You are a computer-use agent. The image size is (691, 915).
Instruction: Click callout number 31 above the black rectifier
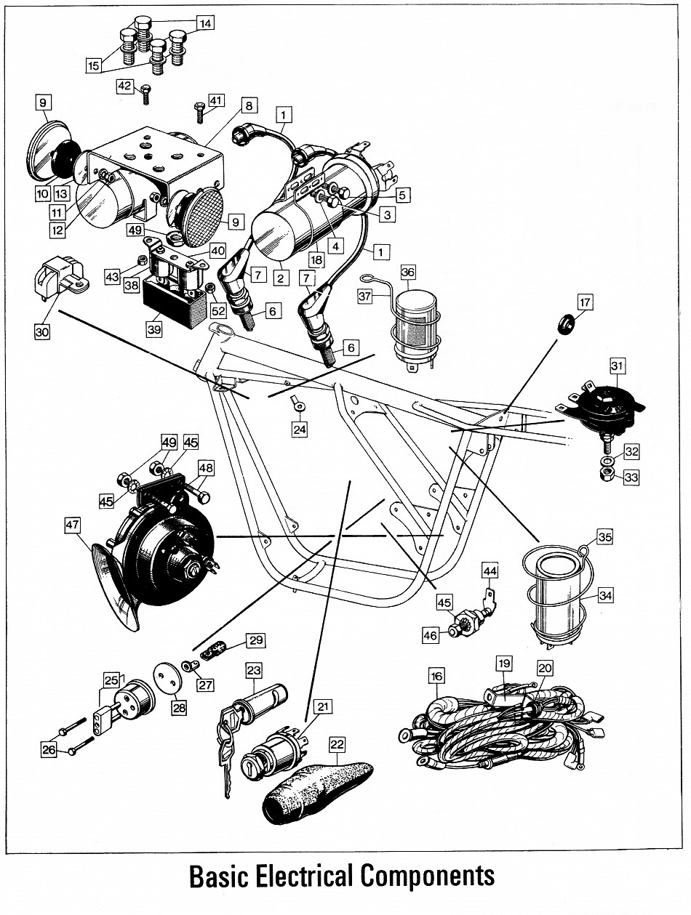coord(618,363)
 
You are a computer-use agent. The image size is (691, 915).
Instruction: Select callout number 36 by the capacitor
coord(407,272)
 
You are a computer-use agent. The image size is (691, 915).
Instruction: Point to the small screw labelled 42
coord(146,94)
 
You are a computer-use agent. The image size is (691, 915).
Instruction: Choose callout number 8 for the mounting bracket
coord(248,106)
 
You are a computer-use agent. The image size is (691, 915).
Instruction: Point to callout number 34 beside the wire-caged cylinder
coord(607,595)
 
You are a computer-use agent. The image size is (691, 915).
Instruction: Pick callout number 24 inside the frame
coord(300,430)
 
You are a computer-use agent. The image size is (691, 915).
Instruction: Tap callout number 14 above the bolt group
coord(206,23)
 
